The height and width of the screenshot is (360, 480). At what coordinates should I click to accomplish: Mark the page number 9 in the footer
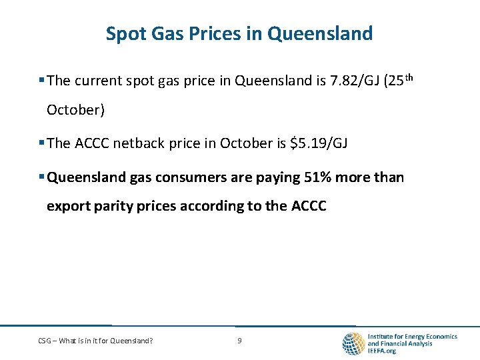click(239, 341)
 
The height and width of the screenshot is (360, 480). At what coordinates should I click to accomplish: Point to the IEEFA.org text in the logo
click(382, 351)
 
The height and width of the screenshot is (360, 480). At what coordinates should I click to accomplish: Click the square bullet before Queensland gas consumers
click(41, 177)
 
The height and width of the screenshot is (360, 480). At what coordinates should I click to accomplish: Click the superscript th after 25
click(409, 77)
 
